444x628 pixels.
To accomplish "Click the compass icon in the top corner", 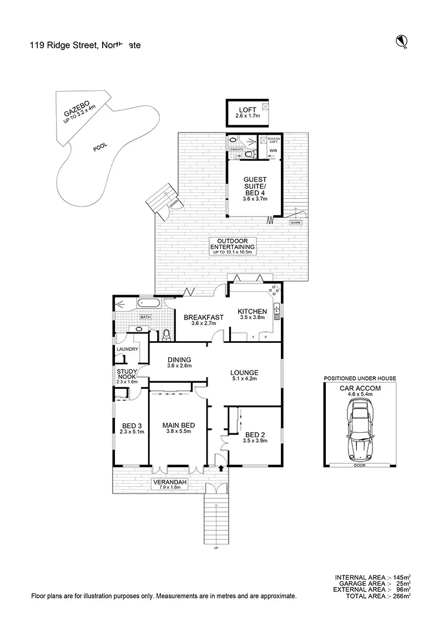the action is tap(402, 40).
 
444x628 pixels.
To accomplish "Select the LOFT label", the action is tap(247, 110).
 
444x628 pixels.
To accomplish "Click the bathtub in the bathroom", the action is tap(148, 303).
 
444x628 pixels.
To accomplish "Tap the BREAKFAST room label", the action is tap(203, 317).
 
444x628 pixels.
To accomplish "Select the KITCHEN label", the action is tap(253, 311).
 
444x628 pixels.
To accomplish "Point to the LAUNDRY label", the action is tap(127, 349).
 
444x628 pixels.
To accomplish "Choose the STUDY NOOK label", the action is tap(127, 374).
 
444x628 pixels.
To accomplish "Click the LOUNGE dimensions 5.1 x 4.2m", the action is tap(245, 380).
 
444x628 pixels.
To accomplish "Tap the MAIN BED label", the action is tap(178, 426).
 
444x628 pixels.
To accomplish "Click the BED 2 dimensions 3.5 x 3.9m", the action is tap(256, 441).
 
